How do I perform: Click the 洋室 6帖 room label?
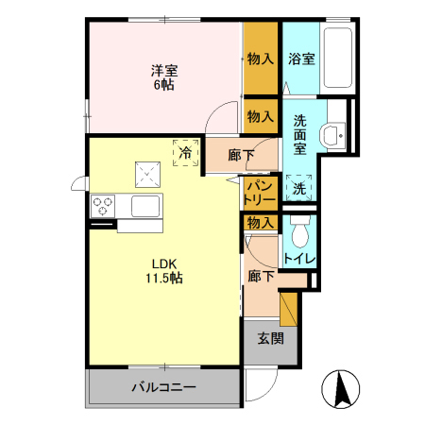point(164,77)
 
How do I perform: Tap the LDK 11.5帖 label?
point(164,271)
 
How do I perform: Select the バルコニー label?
point(164,386)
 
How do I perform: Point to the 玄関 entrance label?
point(271,339)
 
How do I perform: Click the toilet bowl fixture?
point(299,232)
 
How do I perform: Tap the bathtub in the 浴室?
point(338,58)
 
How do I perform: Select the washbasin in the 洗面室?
point(332,136)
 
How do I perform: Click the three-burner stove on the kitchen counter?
point(103,206)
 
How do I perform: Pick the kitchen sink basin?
point(145,206)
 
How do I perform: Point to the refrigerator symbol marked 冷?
point(186,153)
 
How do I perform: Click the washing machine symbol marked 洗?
point(299,188)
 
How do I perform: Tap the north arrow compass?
point(341,389)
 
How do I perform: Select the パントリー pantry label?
point(260,193)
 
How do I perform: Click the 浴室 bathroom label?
point(301,59)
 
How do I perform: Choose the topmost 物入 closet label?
point(260,59)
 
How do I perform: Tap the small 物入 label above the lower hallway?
point(260,223)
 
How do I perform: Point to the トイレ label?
point(299,259)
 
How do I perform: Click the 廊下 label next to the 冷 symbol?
point(241,155)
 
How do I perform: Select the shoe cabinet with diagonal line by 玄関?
point(289,310)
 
